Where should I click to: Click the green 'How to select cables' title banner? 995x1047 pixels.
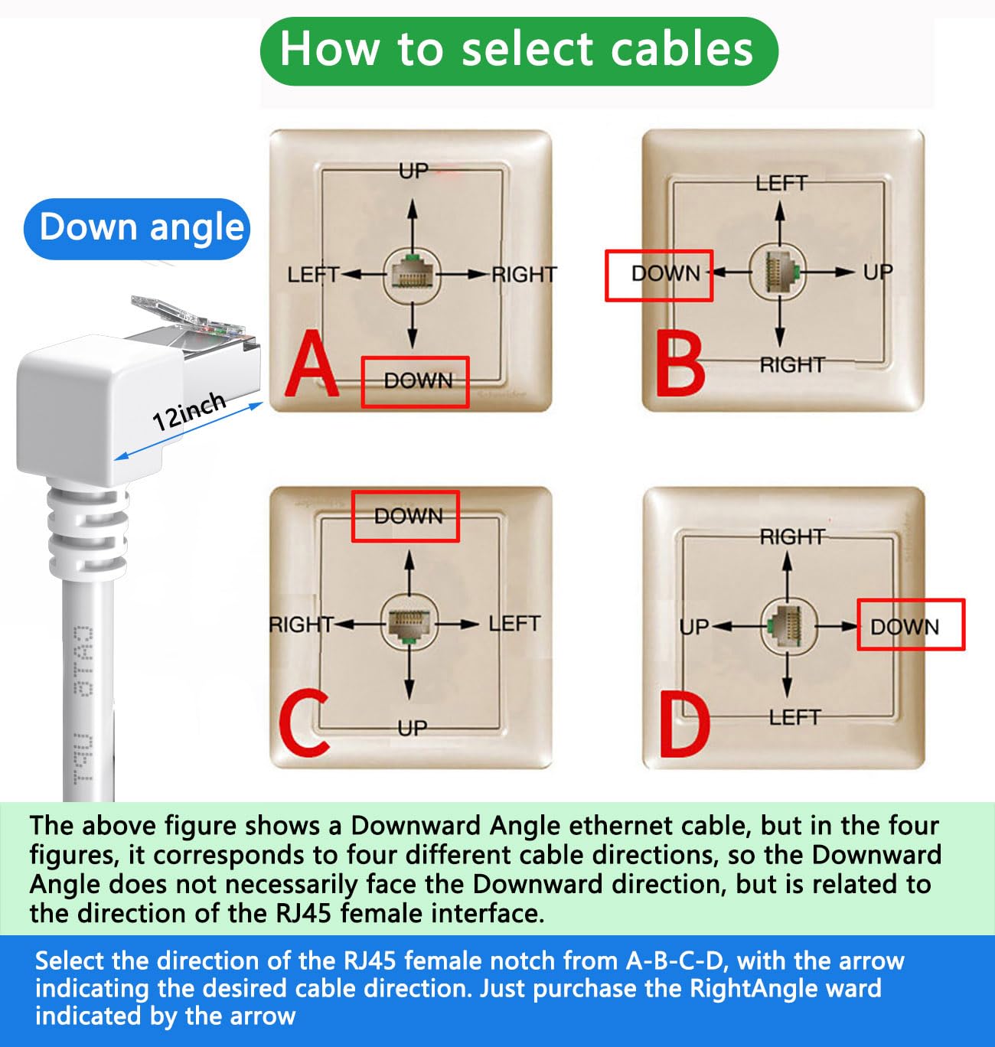click(518, 51)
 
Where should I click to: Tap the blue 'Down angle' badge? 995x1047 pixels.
click(138, 228)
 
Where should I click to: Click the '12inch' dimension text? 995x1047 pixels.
click(188, 410)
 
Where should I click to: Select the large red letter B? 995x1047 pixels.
click(680, 367)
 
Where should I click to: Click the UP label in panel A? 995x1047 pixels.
click(413, 171)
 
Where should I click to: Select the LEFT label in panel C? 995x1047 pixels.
click(514, 624)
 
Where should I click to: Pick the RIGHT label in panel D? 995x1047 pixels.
click(791, 537)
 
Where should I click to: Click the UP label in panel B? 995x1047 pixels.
click(877, 272)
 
